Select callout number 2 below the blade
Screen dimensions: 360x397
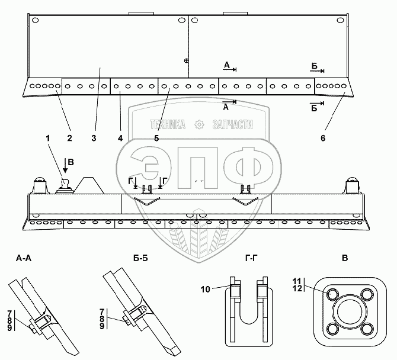[x=69, y=139]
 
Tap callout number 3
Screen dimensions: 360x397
[x=94, y=139]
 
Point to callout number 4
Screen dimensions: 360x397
[x=120, y=139]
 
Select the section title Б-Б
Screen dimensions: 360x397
[x=142, y=258]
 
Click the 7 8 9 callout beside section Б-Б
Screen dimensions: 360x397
[x=103, y=319]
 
